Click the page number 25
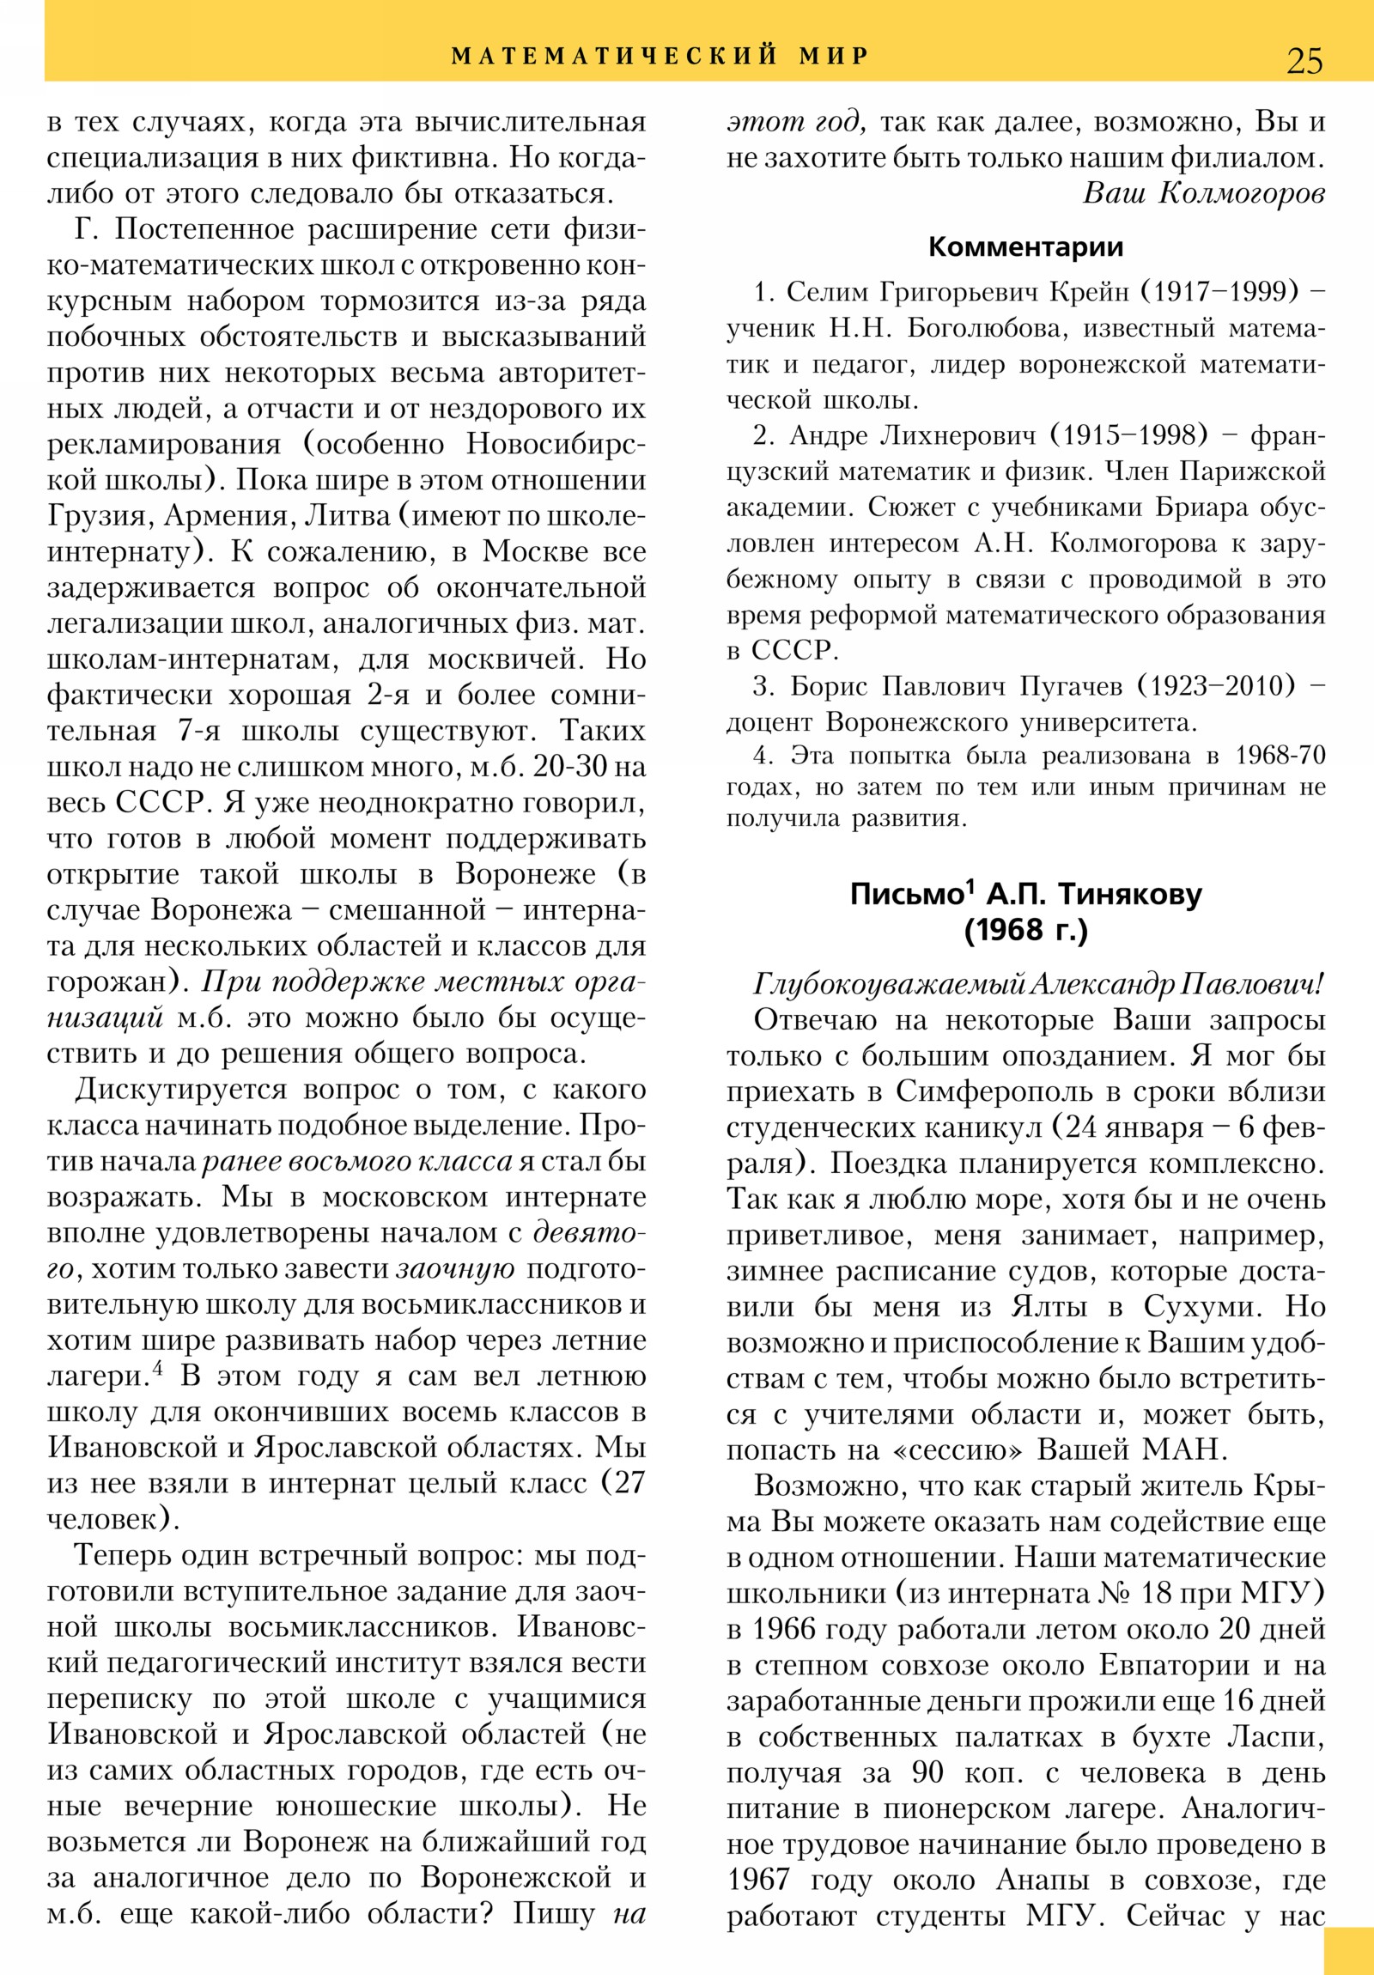pos(1304,61)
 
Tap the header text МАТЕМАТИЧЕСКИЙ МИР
pos(660,57)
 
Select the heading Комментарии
pos(1025,248)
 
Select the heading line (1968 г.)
pos(1025,930)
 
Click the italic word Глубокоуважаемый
pos(887,984)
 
